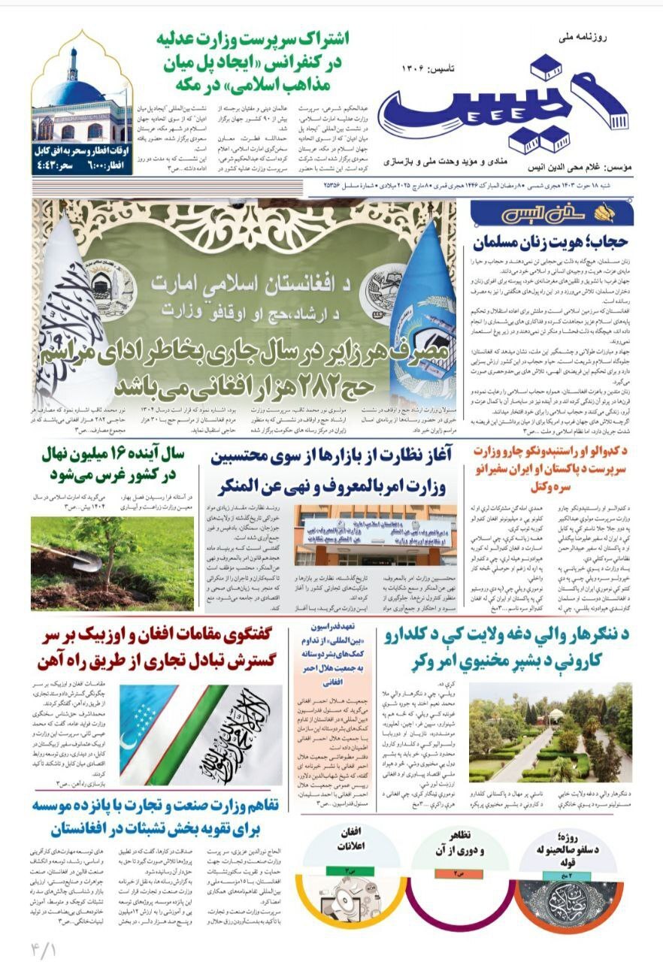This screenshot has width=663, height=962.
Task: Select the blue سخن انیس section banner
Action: pos(552,213)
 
